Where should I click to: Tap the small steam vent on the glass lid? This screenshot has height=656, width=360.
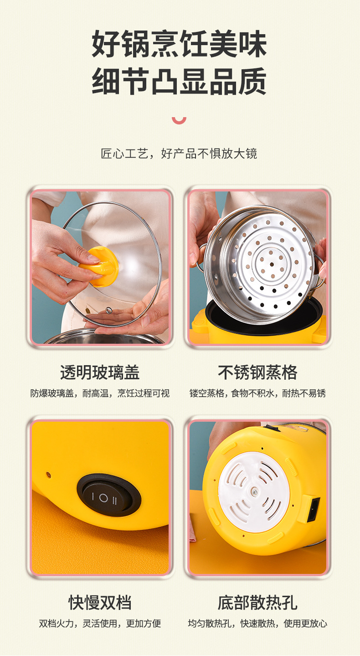click(108, 310)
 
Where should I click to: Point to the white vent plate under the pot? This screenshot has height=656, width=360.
click(254, 492)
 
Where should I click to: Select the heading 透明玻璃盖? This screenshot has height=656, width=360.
click(100, 372)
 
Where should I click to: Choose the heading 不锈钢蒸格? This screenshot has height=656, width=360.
click(257, 372)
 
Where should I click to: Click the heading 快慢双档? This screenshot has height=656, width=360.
click(100, 602)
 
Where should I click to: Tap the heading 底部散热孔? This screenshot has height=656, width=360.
click(257, 602)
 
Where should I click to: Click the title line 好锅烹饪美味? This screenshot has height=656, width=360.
click(180, 45)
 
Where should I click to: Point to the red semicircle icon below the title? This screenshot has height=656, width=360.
click(179, 120)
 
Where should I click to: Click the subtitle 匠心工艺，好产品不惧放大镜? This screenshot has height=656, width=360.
click(179, 154)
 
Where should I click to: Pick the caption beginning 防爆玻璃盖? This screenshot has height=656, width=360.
click(100, 393)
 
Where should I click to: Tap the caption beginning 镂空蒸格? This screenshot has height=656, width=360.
click(257, 393)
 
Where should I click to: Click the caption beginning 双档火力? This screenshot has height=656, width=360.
click(100, 623)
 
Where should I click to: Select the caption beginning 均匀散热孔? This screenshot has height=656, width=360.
click(257, 623)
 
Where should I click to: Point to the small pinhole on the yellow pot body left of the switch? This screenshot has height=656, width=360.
click(48, 475)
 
